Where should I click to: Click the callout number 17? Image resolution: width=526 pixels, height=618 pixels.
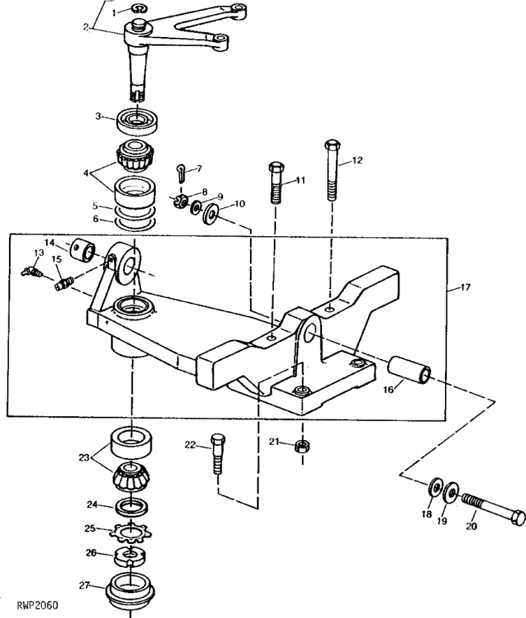[x=466, y=287]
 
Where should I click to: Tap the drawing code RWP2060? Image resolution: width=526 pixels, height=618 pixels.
[x=38, y=605]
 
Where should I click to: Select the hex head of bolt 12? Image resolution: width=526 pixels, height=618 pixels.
[x=332, y=145]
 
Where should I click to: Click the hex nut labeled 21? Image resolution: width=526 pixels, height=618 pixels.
[x=303, y=446]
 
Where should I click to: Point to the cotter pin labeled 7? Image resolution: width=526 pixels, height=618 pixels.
[x=181, y=173]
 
